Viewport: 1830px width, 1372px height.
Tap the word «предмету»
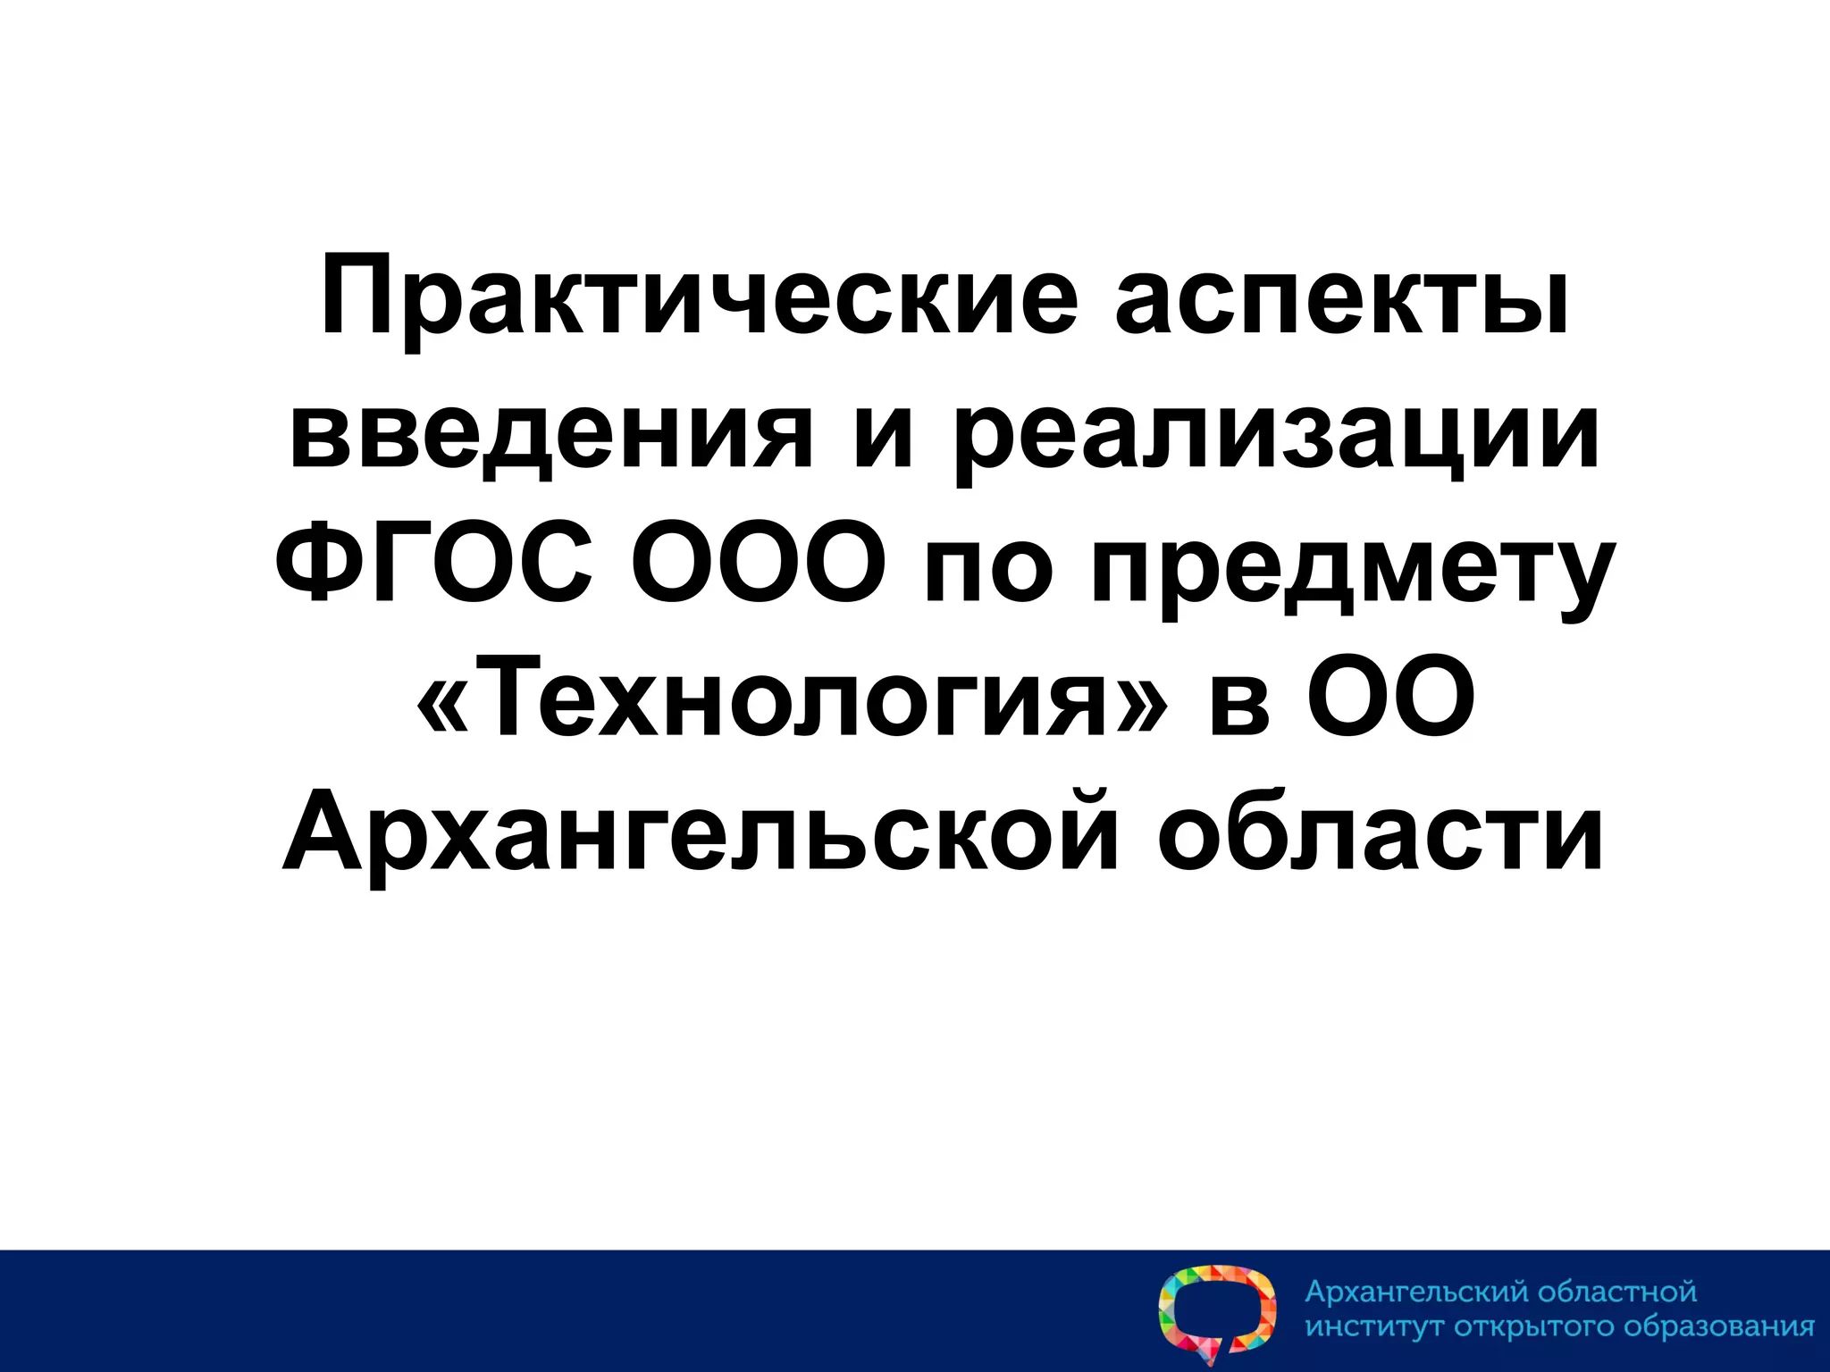coord(1353,572)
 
